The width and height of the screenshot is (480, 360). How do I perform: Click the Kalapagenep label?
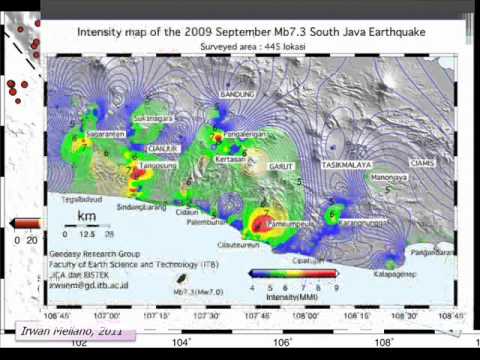395,272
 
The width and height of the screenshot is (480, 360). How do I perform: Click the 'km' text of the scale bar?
88,216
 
